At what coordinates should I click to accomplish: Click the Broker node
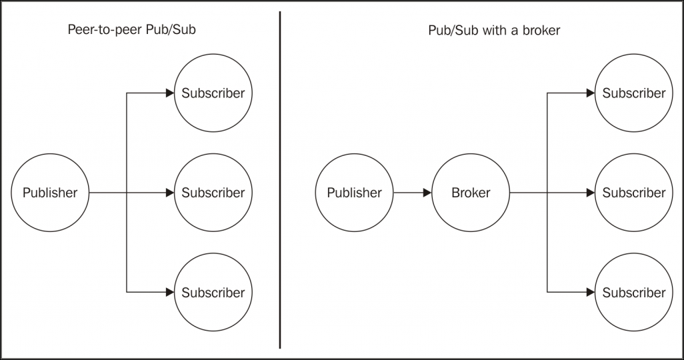pyautogui.click(x=471, y=193)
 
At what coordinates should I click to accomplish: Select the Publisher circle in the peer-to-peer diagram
pyautogui.click(x=50, y=193)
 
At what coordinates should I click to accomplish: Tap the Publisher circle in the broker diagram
pyautogui.click(x=354, y=193)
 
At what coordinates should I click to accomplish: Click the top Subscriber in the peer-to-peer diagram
pyautogui.click(x=213, y=93)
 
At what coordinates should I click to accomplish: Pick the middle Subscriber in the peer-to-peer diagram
pyautogui.click(x=213, y=193)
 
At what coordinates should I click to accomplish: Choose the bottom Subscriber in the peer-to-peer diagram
pyautogui.click(x=213, y=292)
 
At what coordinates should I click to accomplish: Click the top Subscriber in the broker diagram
pyautogui.click(x=634, y=93)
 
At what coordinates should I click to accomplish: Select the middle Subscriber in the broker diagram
pyautogui.click(x=634, y=193)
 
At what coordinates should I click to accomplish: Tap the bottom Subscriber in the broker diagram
pyautogui.click(x=634, y=292)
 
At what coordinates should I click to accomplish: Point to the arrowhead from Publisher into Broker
pyautogui.click(x=427, y=193)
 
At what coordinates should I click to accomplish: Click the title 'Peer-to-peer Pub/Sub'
pyautogui.click(x=132, y=30)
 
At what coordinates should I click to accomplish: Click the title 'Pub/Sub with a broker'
pyautogui.click(x=494, y=30)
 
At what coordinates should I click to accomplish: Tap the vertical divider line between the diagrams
pyautogui.click(x=279, y=180)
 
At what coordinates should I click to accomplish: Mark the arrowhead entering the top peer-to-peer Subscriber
pyautogui.click(x=170, y=93)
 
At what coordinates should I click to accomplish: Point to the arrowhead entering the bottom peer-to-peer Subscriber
pyautogui.click(x=170, y=292)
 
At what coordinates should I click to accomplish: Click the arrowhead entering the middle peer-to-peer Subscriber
pyautogui.click(x=170, y=193)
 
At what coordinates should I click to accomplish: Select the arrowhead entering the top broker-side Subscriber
pyautogui.click(x=591, y=93)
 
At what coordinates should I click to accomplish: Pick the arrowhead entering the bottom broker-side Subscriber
pyautogui.click(x=591, y=292)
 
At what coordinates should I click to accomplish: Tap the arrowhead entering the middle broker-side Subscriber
pyautogui.click(x=591, y=193)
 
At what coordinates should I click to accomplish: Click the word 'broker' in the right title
pyautogui.click(x=541, y=30)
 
